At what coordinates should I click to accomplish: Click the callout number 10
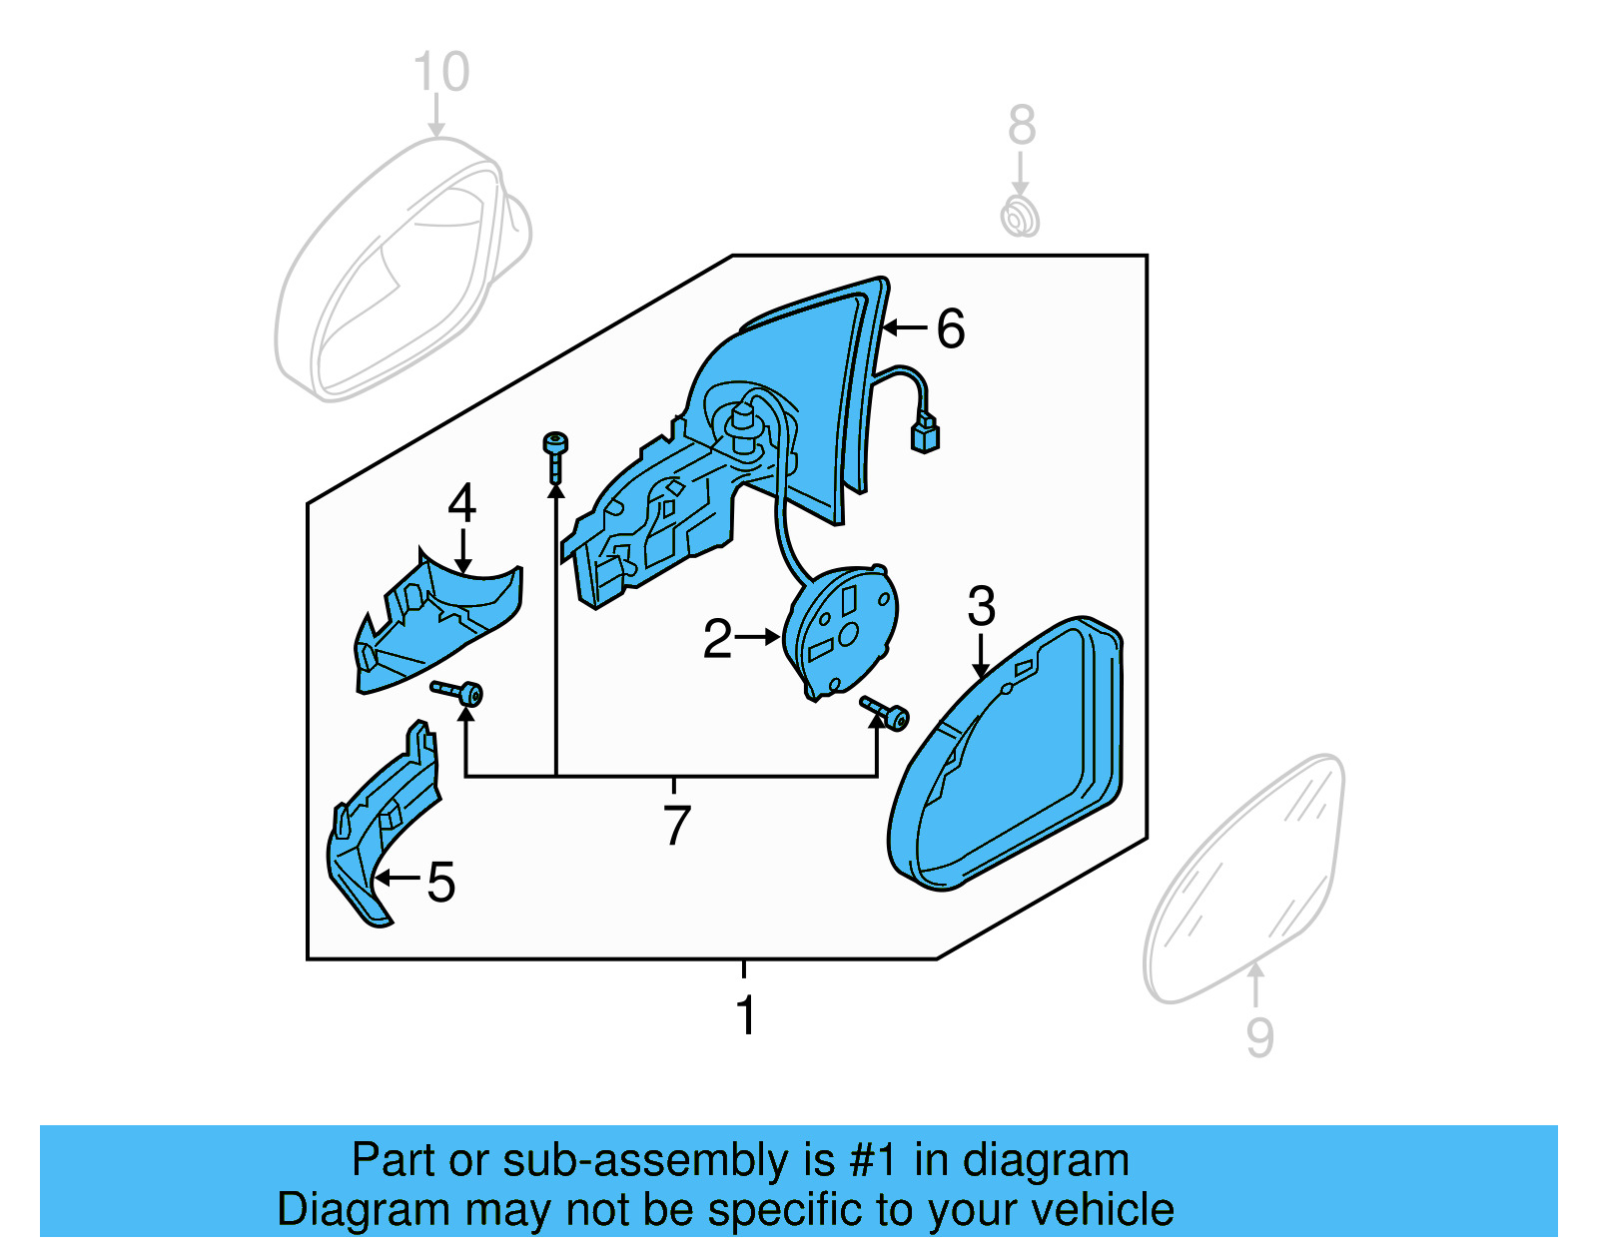(440, 73)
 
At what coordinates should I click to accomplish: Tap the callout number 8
(1021, 126)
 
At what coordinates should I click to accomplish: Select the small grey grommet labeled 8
(1020, 217)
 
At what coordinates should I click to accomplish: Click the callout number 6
(950, 328)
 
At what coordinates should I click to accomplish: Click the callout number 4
(461, 503)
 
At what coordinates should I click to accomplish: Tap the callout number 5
(440, 882)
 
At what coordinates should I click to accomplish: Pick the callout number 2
(717, 639)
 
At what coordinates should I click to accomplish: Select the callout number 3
(981, 606)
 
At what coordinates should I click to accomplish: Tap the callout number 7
(676, 825)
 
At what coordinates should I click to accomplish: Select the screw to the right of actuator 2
(885, 713)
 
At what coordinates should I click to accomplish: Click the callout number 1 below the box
(744, 1015)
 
